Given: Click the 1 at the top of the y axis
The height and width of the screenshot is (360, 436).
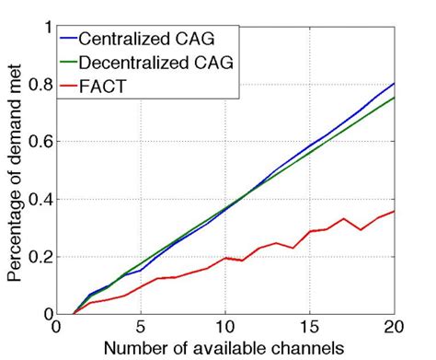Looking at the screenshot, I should (46, 28).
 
